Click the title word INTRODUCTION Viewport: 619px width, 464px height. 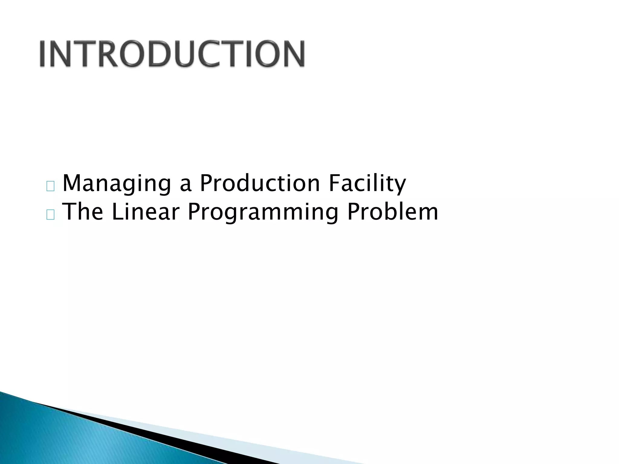[172, 54]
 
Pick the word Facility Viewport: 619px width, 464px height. [367, 183]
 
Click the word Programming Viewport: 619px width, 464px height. [263, 212]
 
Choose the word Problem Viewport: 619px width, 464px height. [393, 211]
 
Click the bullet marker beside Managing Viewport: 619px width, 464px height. [50, 187]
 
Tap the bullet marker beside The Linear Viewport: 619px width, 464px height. [50, 215]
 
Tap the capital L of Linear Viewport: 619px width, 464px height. [117, 211]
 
